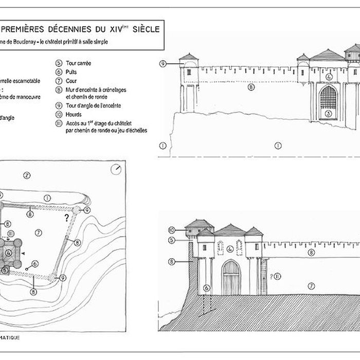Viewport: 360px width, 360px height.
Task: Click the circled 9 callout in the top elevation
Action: pos(162,63)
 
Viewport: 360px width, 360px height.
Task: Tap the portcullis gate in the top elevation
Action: pos(328,97)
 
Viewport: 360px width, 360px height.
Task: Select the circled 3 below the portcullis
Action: pos(328,113)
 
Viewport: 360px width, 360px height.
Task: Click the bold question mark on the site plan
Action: pos(66,218)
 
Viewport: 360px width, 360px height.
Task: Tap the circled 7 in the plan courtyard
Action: pos(38,233)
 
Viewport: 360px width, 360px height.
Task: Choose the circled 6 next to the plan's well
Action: pos(35,264)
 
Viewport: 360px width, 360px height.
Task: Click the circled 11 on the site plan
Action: pos(10,235)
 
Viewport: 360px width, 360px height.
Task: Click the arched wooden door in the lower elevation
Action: pos(231,278)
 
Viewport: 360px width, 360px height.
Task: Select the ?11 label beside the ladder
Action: pos(276,276)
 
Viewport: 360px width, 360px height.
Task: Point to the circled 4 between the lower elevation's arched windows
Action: pos(230,249)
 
